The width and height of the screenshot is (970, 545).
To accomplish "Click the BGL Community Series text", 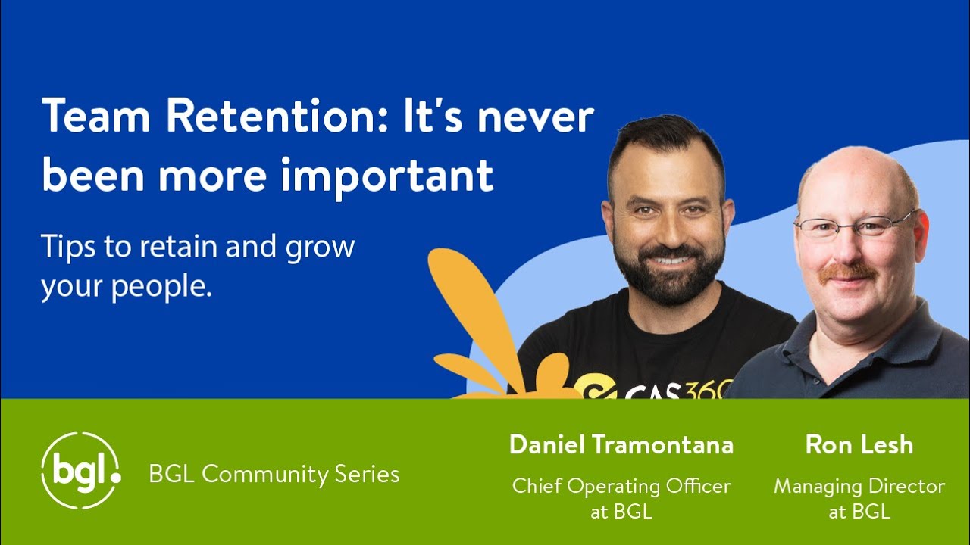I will click(x=274, y=475).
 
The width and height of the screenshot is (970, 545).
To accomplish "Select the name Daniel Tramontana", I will click(x=621, y=445).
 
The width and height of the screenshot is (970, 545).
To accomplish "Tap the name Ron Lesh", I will click(x=859, y=445).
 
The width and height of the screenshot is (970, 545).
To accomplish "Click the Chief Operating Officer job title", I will click(x=621, y=486).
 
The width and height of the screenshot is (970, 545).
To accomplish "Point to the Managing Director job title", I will click(x=859, y=486).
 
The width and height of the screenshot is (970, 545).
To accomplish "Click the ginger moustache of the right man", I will click(x=846, y=271).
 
